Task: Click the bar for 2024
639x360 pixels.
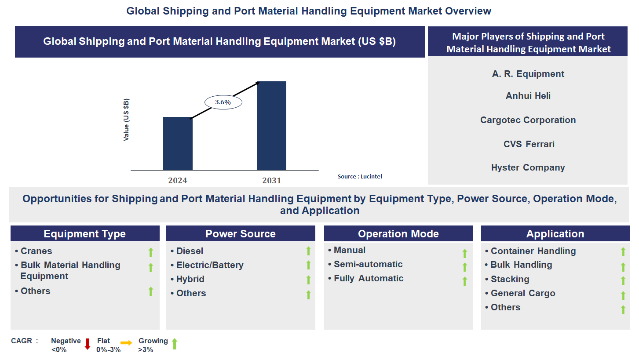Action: (x=178, y=144)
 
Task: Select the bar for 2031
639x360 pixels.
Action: (x=271, y=126)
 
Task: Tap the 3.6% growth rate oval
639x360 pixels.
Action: (x=223, y=102)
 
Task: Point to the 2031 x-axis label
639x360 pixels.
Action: (x=271, y=181)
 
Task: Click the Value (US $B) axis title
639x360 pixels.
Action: (x=126, y=120)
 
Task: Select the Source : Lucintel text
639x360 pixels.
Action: (x=360, y=176)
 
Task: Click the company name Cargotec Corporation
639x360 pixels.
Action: (x=528, y=120)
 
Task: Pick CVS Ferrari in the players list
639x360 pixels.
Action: (x=529, y=144)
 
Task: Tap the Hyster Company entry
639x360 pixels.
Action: (x=528, y=167)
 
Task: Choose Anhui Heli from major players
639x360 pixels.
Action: (x=528, y=96)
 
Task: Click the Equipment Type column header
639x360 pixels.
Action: (x=85, y=234)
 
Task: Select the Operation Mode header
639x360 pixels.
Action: (x=398, y=234)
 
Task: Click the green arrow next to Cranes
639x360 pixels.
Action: (x=151, y=252)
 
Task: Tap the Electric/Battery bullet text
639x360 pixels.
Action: (x=209, y=265)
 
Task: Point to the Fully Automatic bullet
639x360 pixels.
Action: (x=368, y=278)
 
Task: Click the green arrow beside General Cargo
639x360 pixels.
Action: (x=623, y=295)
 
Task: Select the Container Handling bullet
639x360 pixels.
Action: (x=533, y=251)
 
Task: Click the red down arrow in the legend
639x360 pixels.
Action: (x=87, y=344)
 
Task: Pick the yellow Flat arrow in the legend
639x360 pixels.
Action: (x=127, y=343)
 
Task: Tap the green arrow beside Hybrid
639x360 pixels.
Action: (x=308, y=280)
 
